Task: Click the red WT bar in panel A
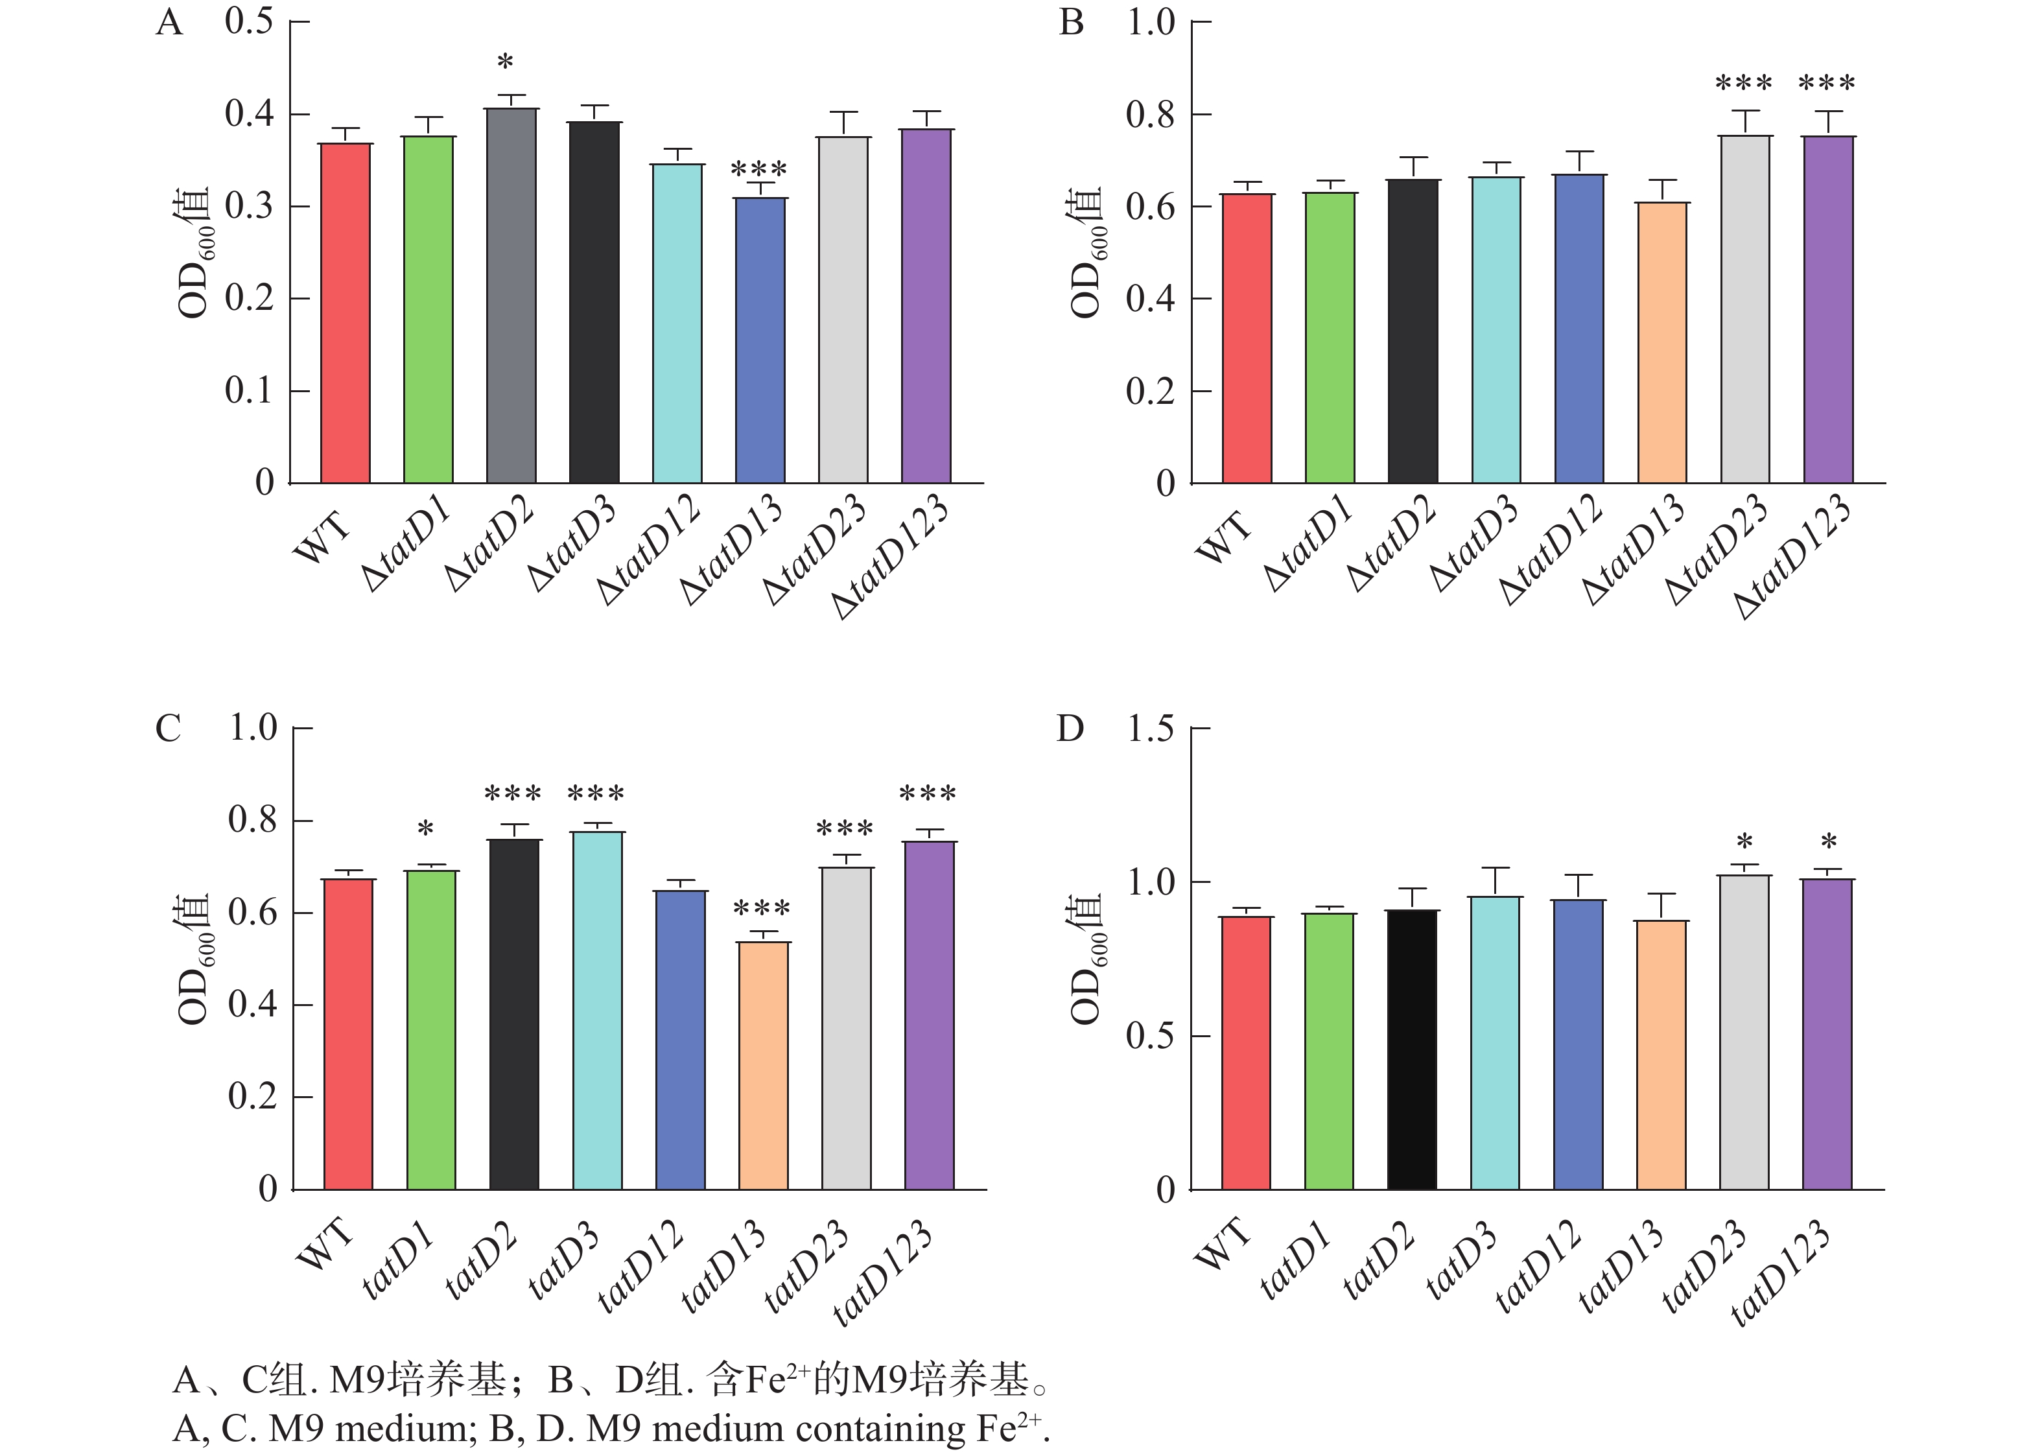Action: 346,313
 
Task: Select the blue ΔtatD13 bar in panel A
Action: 760,340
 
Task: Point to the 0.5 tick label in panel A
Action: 249,21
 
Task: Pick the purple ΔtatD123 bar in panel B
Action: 1828,309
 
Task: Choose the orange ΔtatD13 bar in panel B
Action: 1662,342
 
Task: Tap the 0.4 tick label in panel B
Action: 1151,299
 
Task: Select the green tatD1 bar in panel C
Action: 430,1029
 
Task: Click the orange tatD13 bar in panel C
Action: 764,1066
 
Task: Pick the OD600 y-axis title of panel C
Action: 193,958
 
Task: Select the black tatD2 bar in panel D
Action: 1412,1049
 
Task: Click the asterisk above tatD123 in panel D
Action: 1829,843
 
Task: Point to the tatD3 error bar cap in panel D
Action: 1495,867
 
